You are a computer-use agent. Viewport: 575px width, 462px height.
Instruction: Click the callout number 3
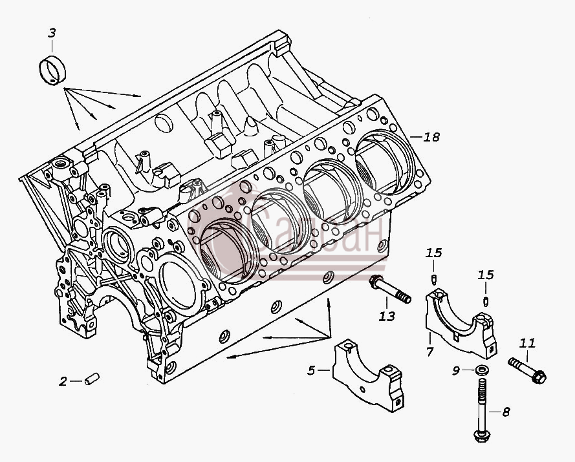pos(52,33)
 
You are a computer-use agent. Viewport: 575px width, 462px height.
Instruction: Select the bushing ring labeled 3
pos(52,70)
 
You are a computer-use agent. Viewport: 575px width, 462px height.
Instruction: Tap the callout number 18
pos(431,137)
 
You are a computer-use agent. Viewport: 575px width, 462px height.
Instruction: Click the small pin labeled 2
pos(92,379)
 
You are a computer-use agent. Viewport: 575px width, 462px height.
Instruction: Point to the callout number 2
pos(63,381)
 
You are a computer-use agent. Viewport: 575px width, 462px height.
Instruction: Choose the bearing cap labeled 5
pos(368,373)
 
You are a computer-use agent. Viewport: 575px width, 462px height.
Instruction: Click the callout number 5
pos(311,370)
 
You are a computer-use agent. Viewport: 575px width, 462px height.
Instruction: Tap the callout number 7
pos(429,352)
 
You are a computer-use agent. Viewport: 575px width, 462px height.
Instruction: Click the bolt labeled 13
pos(390,290)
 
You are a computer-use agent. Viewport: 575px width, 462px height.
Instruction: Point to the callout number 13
pos(387,316)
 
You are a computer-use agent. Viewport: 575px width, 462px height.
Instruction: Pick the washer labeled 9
pos(481,370)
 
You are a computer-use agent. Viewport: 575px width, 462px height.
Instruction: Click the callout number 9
pos(456,371)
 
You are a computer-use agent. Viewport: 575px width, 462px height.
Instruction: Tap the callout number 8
pos(506,412)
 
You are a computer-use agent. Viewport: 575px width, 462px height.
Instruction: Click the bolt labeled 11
pos(527,370)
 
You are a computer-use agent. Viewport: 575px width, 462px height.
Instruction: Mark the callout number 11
pos(527,343)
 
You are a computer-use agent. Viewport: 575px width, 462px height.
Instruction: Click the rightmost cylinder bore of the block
pos(385,162)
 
